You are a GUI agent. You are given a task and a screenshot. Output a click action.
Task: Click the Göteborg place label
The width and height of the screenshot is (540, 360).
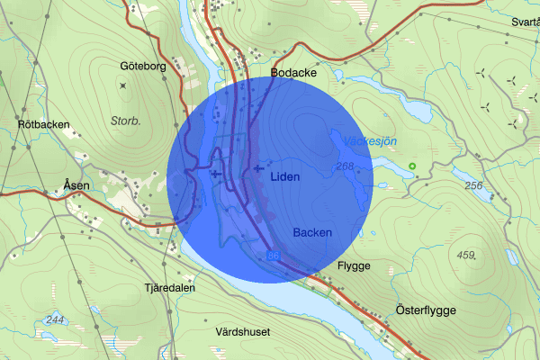click(144, 66)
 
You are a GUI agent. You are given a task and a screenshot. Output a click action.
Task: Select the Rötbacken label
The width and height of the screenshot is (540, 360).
click(43, 124)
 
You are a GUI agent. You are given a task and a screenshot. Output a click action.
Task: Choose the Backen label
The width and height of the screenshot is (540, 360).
click(312, 232)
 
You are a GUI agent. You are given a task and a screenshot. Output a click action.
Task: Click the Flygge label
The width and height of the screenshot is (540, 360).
click(353, 266)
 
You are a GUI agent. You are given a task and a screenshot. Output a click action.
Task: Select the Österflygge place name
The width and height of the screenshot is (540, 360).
click(426, 310)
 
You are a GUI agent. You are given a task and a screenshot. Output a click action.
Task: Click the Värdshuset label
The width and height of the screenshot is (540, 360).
click(243, 331)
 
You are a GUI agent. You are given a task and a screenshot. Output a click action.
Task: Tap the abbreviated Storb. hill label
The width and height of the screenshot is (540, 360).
click(125, 118)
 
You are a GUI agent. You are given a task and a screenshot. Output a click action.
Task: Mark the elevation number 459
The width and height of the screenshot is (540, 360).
click(466, 256)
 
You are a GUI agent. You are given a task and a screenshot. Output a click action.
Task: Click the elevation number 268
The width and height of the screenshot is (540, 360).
click(346, 166)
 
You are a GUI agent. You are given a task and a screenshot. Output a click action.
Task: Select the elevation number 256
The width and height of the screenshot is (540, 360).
click(474, 186)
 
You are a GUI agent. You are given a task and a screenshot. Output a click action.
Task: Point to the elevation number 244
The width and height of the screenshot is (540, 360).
click(54, 320)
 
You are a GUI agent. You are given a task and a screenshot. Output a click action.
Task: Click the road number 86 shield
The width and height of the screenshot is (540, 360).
click(273, 257)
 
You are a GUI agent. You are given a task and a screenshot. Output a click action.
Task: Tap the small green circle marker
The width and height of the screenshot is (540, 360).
click(412, 166)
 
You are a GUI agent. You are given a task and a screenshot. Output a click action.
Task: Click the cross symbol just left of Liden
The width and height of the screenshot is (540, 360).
click(259, 168)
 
